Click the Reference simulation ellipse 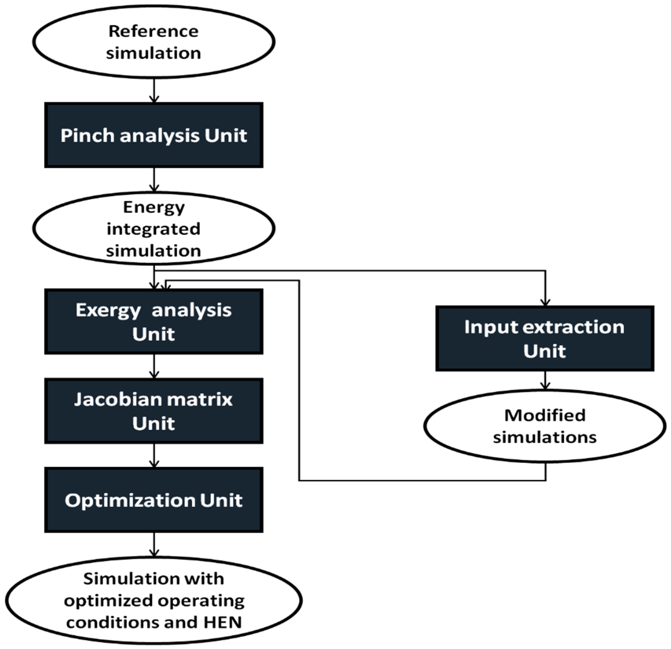point(154,42)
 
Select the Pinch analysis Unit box point(154,135)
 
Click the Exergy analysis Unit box point(154,321)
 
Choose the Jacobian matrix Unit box point(154,411)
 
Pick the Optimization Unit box point(154,500)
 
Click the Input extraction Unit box point(545,339)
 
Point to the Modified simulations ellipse point(545,426)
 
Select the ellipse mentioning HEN point(154,600)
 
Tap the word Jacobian point(109,400)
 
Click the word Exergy point(108,311)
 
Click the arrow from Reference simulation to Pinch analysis point(154,91)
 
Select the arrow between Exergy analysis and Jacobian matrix point(154,366)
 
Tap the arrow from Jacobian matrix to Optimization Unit point(154,456)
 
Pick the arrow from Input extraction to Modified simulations point(545,380)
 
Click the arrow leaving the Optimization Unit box point(154,545)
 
